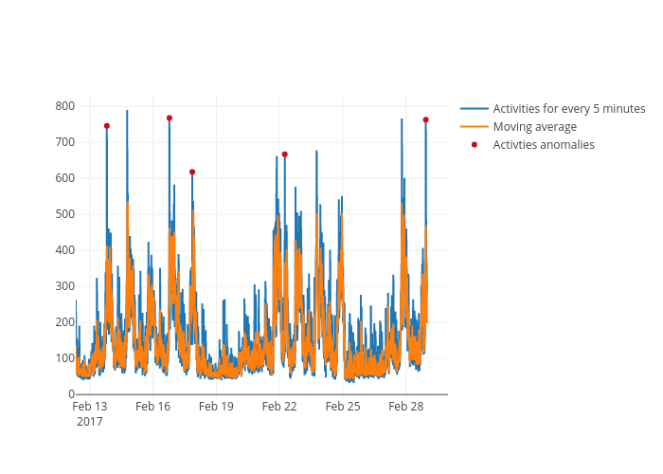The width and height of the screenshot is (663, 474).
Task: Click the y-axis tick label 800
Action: [64, 106]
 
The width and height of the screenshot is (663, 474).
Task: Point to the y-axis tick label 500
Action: [64, 214]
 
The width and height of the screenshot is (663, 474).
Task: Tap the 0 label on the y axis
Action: [71, 394]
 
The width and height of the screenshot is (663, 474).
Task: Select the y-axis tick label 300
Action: [64, 286]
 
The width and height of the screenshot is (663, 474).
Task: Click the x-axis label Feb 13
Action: [90, 407]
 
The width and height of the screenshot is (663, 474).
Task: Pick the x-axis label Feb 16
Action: [152, 407]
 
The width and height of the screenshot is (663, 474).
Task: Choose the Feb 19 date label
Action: [216, 407]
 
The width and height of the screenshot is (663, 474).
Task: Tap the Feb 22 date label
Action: [279, 407]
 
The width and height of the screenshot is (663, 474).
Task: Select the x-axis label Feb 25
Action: [343, 407]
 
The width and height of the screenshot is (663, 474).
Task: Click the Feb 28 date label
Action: [406, 407]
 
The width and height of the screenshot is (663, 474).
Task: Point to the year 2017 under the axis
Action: [90, 421]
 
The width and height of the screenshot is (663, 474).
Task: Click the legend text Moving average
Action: [534, 127]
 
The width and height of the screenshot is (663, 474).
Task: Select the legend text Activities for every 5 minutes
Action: [568, 109]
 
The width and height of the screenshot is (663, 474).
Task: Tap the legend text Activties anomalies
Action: [544, 145]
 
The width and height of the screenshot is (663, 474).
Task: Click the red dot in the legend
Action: [475, 145]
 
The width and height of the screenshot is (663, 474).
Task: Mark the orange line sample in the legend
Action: [475, 127]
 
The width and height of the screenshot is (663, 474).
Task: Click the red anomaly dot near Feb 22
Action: [284, 155]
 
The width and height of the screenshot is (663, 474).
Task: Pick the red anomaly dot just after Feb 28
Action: [425, 119]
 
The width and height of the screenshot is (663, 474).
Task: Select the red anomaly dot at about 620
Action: [192, 172]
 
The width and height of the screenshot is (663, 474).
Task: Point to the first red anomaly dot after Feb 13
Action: [107, 125]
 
